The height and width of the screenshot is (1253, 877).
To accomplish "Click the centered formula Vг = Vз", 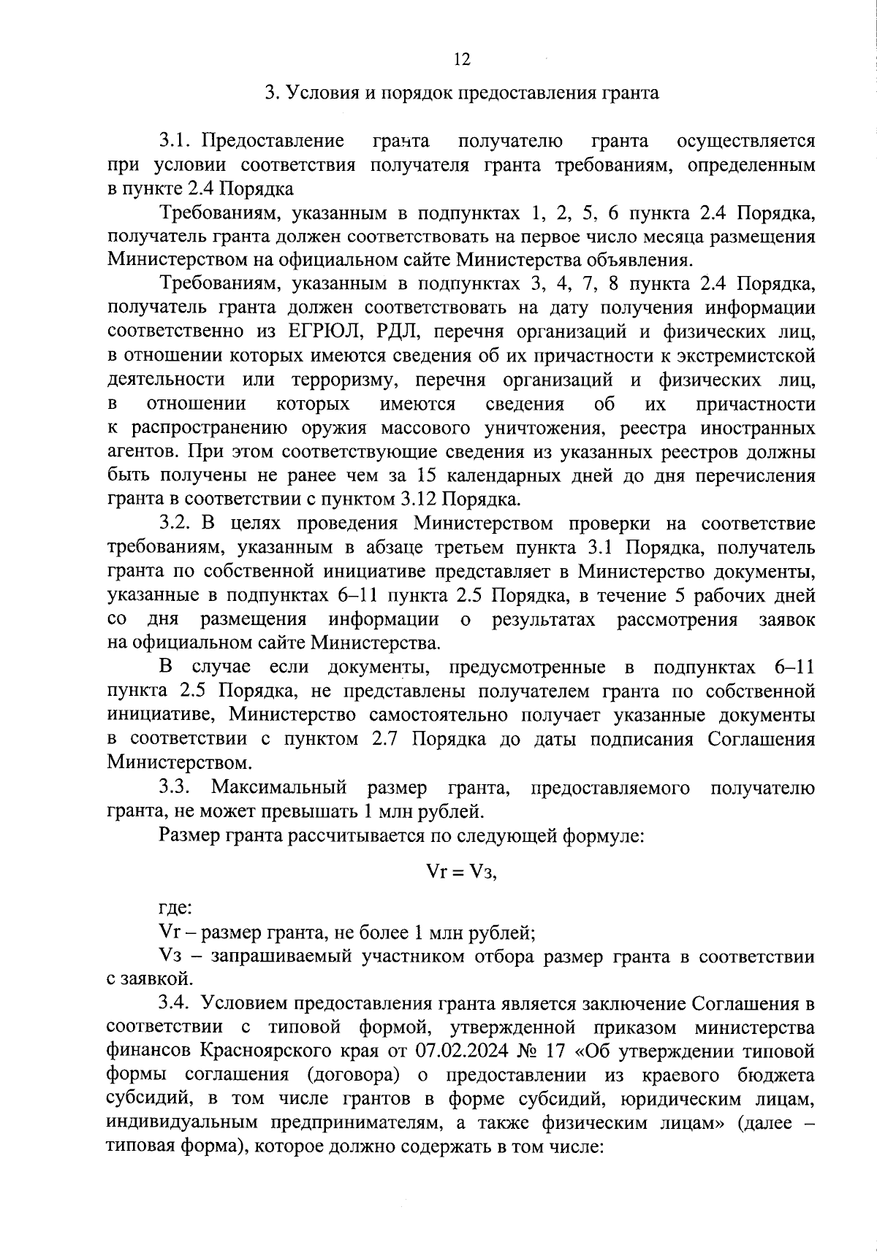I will [x=461, y=873].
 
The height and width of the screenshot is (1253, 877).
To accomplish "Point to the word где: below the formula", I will [x=175, y=908].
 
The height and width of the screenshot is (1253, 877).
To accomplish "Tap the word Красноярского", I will [x=257, y=1052].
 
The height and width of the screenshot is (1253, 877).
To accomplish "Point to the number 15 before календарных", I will [x=427, y=476].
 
